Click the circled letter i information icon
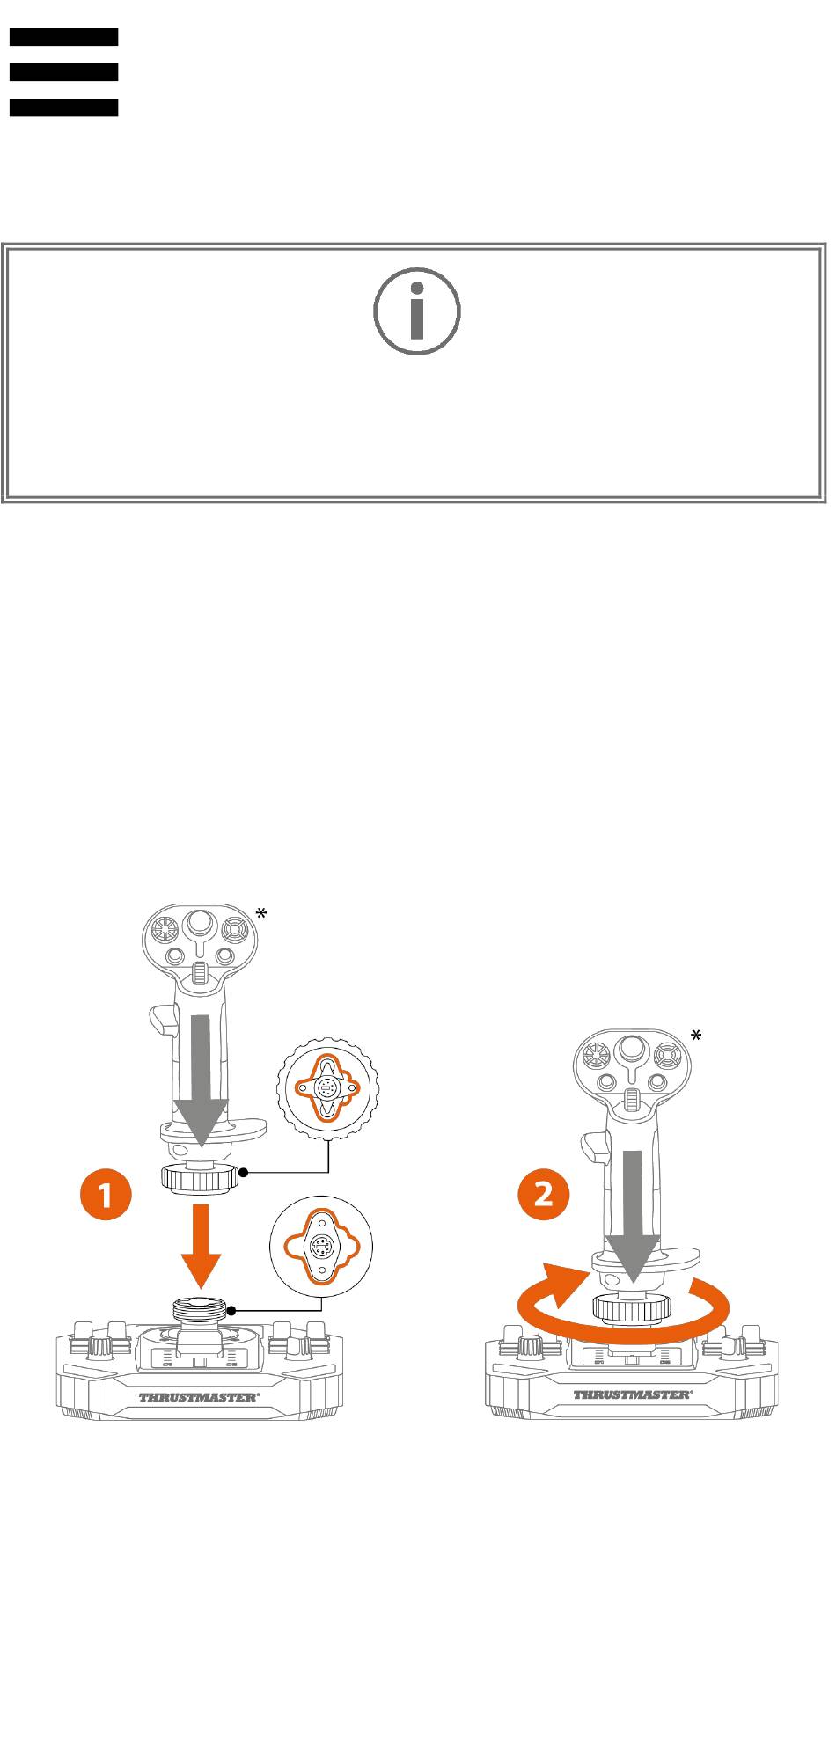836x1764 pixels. pyautogui.click(x=417, y=311)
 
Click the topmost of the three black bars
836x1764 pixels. pyautogui.click(x=63, y=37)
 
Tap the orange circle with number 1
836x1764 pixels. pyautogui.click(x=105, y=1195)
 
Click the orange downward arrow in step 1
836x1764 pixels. pyautogui.click(x=202, y=1245)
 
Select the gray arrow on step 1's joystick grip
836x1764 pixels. pyautogui.click(x=202, y=1081)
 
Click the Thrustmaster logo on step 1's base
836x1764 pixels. pyautogui.click(x=199, y=1396)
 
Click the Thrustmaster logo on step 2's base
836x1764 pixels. pyautogui.click(x=633, y=1394)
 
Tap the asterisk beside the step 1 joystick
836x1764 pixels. pyautogui.click(x=261, y=914)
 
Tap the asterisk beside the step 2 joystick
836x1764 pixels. pyautogui.click(x=696, y=1036)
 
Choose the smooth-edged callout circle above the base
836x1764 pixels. pyautogui.click(x=321, y=1246)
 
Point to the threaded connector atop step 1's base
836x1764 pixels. pyautogui.click(x=201, y=1309)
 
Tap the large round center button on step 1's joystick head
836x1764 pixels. pyautogui.click(x=201, y=923)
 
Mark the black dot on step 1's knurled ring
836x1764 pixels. pyautogui.click(x=245, y=1173)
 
